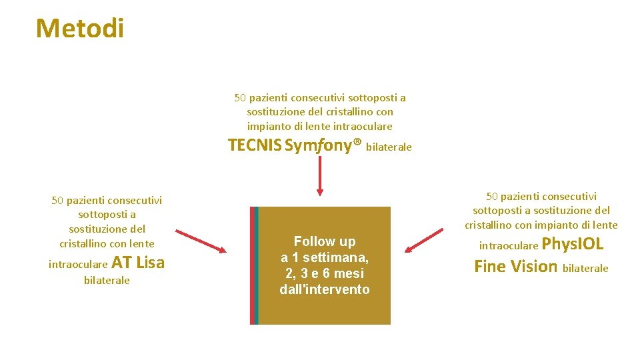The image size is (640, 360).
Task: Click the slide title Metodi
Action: coord(80,29)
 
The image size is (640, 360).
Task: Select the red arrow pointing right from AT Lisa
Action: coord(201,241)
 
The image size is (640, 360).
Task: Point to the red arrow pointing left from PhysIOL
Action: coord(424,241)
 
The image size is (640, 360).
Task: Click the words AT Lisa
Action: coord(138,263)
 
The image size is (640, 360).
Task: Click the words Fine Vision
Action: coord(515,267)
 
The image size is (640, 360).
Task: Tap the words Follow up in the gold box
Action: coord(325,241)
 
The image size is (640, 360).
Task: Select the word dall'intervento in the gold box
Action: coord(325,289)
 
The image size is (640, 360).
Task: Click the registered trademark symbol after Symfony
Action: coord(357,143)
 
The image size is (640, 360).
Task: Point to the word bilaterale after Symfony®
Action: coord(389,147)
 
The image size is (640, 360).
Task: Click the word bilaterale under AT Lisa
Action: coord(107,281)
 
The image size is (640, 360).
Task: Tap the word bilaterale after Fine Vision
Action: coord(585,269)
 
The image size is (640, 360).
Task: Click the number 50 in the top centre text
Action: coord(240,98)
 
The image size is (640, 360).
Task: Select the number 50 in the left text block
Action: coord(57,200)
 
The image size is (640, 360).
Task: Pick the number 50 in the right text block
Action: coord(492,196)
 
